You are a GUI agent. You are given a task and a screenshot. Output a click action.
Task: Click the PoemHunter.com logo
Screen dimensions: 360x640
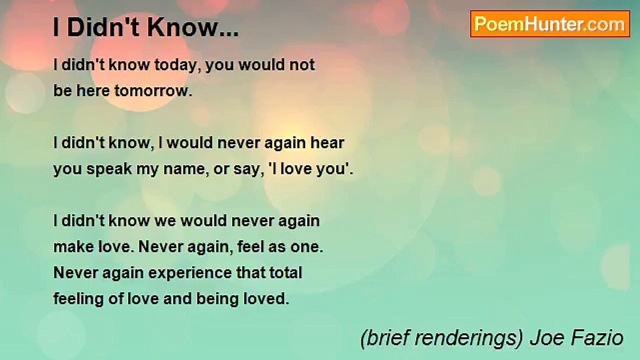point(550,24)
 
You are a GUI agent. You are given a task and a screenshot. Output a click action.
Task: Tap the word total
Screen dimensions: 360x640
point(284,273)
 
